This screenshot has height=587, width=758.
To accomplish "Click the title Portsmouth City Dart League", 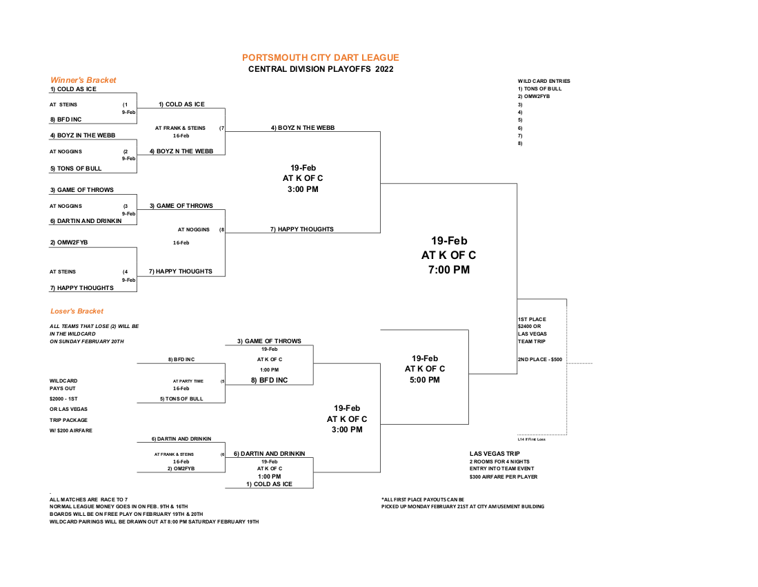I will (320, 58).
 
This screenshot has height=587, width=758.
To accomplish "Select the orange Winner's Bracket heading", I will (83, 80).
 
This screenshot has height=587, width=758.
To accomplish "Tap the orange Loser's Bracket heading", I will (77, 311).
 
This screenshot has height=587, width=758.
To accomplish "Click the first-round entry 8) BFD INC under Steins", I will (66, 119).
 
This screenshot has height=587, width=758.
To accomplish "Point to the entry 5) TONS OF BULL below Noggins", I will (75, 169).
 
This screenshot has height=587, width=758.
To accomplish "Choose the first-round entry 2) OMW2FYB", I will (68, 242).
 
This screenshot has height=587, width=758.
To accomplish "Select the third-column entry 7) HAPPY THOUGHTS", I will (301, 229).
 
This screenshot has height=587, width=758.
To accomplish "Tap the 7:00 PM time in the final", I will (449, 270).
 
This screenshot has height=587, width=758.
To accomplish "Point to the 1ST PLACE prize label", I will (532, 319).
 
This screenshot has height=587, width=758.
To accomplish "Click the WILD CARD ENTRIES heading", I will (543, 81).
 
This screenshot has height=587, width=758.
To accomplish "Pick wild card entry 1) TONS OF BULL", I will (539, 89).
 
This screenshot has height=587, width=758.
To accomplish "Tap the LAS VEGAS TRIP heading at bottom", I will (495, 454).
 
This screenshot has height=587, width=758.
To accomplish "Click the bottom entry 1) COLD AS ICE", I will (269, 484).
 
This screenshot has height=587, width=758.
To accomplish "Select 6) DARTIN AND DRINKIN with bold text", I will (269, 454).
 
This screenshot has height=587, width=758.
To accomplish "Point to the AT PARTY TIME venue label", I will (188, 381).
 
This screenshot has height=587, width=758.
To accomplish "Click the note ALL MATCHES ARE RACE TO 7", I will (88, 499).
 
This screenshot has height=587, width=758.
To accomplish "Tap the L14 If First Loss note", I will (531, 439).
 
